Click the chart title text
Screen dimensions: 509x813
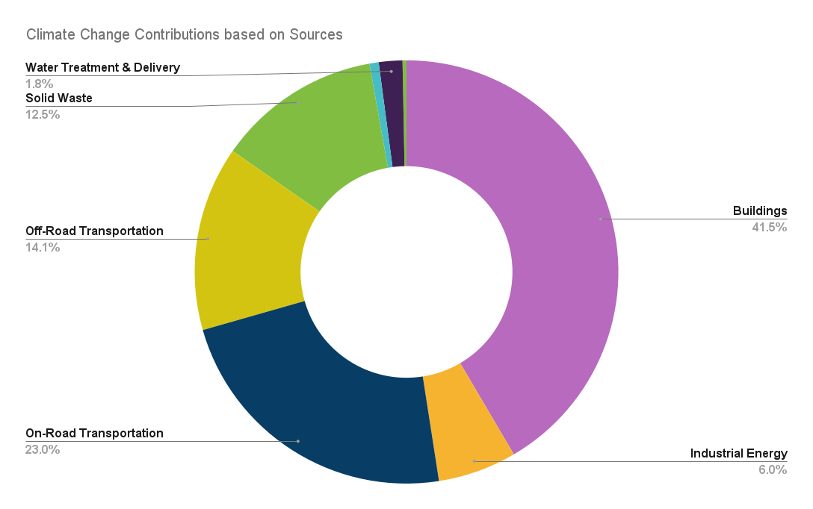(184, 34)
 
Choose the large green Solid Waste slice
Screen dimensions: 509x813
(314, 127)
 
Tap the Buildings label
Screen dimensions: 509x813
(759, 210)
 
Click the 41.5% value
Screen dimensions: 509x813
(769, 227)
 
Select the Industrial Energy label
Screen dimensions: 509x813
(738, 454)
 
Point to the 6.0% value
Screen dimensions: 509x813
(773, 470)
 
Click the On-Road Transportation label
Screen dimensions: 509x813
(94, 433)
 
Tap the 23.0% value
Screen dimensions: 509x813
(43, 449)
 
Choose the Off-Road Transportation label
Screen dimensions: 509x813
(94, 231)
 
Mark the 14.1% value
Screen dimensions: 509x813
(43, 247)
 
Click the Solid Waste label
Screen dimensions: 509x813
(59, 98)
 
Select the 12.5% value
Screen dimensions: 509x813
(43, 114)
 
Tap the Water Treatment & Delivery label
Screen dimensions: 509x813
(102, 67)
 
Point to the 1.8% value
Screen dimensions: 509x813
(39, 84)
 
